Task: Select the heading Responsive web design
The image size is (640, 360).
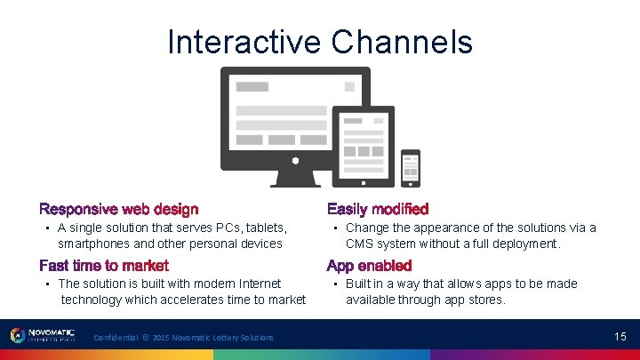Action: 118,210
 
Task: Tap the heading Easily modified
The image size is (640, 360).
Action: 378,210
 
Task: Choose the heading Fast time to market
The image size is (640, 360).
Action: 104,266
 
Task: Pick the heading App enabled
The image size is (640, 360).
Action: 369,266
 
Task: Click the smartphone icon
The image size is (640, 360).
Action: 410,168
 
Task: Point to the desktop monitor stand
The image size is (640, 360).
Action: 295,179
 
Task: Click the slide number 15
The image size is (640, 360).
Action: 620,337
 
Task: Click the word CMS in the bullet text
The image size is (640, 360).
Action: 360,244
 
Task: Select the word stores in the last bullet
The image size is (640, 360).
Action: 485,300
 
